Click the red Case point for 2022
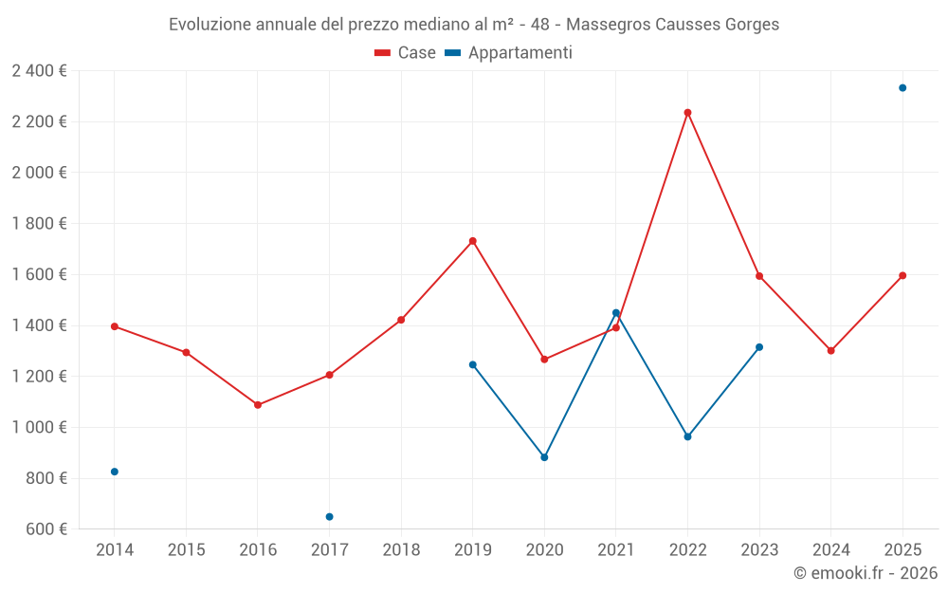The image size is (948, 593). pyautogui.click(x=687, y=113)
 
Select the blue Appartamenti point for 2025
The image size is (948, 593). pyautogui.click(x=902, y=88)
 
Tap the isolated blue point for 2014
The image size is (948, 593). pyautogui.click(x=115, y=472)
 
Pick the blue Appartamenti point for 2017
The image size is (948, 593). pyautogui.click(x=329, y=517)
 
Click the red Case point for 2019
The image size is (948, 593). pyautogui.click(x=473, y=241)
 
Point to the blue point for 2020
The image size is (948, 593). pyautogui.click(x=544, y=457)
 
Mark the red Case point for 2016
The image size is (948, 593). pyautogui.click(x=258, y=405)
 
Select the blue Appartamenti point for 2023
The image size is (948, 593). pyautogui.click(x=759, y=347)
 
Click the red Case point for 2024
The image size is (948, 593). pyautogui.click(x=830, y=351)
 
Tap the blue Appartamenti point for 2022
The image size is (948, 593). pyautogui.click(x=687, y=436)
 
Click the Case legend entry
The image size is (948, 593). pyautogui.click(x=406, y=53)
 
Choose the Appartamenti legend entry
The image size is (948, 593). pyautogui.click(x=509, y=53)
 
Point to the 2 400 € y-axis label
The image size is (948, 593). pyautogui.click(x=39, y=71)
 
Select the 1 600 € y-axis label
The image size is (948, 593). pyautogui.click(x=39, y=275)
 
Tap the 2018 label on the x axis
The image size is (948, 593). pyautogui.click(x=401, y=549)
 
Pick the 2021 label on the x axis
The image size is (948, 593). pyautogui.click(x=616, y=549)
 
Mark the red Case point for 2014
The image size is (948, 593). pyautogui.click(x=115, y=326)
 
